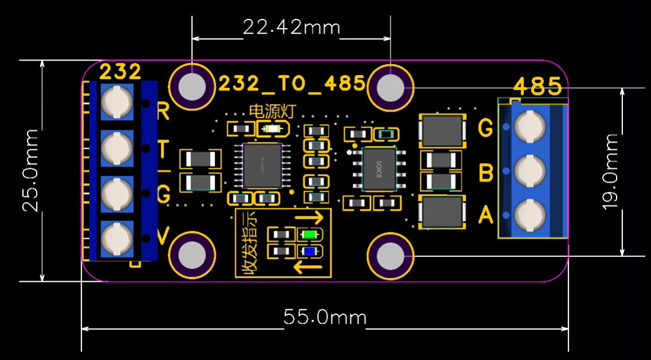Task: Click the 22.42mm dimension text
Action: point(291,27)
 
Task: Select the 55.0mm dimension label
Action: point(325,317)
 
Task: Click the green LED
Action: point(310,234)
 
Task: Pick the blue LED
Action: point(310,251)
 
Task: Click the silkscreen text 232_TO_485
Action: point(291,84)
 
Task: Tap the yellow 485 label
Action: point(537,87)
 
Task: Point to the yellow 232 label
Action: point(120,72)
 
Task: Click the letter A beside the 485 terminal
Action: point(486,216)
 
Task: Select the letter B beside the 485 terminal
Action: point(486,172)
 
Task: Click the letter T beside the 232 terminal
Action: point(163,150)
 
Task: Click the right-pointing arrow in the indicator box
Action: point(309,218)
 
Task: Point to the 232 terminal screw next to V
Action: point(117,239)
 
